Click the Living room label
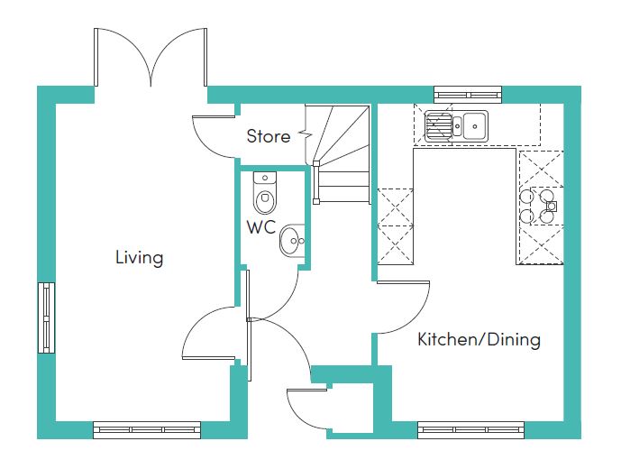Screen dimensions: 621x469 pyautogui.click(x=139, y=258)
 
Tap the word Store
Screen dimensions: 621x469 pyautogui.click(x=268, y=136)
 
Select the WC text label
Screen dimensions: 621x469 pyautogui.click(x=260, y=227)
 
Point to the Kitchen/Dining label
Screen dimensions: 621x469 pyautogui.click(x=479, y=340)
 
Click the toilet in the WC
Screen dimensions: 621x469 pyautogui.click(x=264, y=193)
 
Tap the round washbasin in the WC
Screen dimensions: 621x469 pyautogui.click(x=292, y=240)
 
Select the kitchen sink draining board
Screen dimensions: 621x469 pyautogui.click(x=438, y=125)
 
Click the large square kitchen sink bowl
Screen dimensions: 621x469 pyautogui.click(x=475, y=125)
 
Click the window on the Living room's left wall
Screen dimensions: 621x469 pyautogui.click(x=46, y=317)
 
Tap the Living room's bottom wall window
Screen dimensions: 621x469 pyautogui.click(x=147, y=430)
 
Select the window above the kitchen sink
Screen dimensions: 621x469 pyautogui.click(x=468, y=95)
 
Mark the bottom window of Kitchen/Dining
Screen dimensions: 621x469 pyautogui.click(x=470, y=430)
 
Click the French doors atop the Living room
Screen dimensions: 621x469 pyautogui.click(x=151, y=57)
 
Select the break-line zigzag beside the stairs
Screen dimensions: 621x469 pyautogui.click(x=306, y=134)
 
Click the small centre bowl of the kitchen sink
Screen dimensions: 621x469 pyautogui.click(x=458, y=125)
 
